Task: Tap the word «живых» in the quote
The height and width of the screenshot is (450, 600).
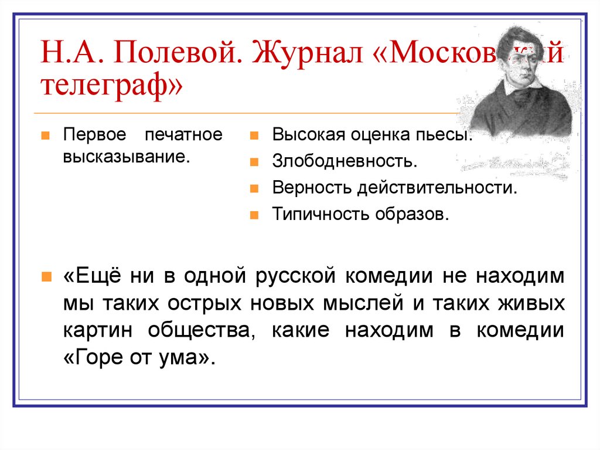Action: (x=534, y=304)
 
